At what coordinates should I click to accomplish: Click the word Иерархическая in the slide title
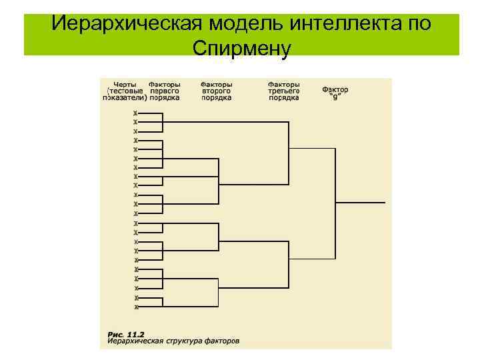click(127, 24)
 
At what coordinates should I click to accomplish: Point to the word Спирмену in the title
click(241, 47)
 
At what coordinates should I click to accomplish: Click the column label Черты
click(126, 85)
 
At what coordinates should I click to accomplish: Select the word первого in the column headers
click(163, 91)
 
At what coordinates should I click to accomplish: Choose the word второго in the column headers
click(216, 91)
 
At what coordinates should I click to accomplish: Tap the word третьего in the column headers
click(283, 91)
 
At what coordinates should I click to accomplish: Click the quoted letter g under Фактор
click(335, 96)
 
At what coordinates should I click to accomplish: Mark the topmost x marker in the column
click(135, 113)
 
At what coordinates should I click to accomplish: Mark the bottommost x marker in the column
click(136, 307)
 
